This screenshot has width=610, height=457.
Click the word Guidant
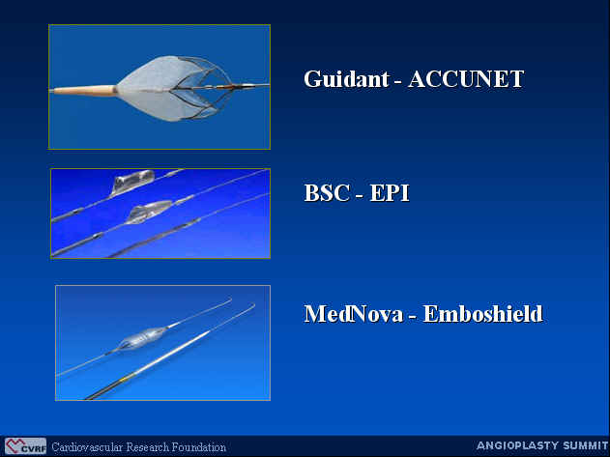[346, 79]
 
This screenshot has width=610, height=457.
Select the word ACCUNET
[466, 79]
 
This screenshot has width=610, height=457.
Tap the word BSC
[327, 192]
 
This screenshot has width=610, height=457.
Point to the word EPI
[390, 192]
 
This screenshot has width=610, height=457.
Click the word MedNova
[353, 313]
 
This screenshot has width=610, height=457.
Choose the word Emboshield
[482, 313]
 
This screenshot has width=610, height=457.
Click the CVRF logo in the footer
[25, 446]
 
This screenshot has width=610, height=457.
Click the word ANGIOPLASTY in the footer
[520, 445]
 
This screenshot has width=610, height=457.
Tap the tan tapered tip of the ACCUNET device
[84, 90]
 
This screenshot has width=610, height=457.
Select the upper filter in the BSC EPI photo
[131, 182]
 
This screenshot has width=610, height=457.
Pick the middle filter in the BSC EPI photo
[149, 212]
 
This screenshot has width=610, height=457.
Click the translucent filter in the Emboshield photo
[141, 337]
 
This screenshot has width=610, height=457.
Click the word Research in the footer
[148, 447]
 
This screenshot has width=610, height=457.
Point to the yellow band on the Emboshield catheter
[124, 379]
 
